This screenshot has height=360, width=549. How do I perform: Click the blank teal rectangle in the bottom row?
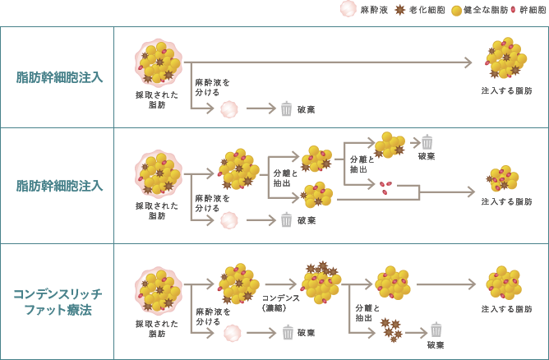pyautogui.click(x=58, y=301)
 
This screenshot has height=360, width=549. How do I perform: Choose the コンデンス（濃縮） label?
pyautogui.click(x=280, y=302)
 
